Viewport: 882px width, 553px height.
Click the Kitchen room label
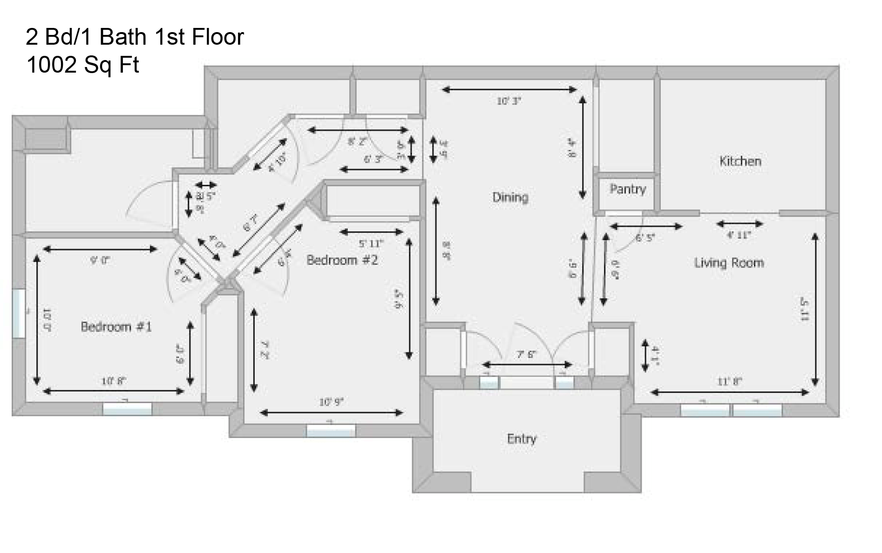[740, 162]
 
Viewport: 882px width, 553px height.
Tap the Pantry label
[627, 189]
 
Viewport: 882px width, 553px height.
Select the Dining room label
[510, 197]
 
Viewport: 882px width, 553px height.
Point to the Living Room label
[729, 263]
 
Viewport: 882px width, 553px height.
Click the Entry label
[522, 439]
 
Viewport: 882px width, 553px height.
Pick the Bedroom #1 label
[116, 327]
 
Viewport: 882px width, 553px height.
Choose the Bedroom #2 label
[342, 260]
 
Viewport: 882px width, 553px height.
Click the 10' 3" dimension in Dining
[509, 101]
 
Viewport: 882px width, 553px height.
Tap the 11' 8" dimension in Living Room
[729, 382]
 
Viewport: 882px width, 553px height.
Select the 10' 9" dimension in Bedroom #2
[331, 402]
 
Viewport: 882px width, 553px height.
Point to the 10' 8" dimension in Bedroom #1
[114, 381]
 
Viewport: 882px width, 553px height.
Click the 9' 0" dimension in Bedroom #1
[100, 261]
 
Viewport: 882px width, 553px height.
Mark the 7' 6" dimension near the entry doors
[526, 355]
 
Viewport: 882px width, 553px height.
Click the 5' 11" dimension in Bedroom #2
[371, 243]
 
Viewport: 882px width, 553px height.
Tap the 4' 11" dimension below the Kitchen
[739, 235]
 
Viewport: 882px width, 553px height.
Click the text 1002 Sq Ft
[83, 65]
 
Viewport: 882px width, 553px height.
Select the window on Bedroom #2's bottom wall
[331, 431]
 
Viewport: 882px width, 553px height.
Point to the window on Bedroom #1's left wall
[19, 313]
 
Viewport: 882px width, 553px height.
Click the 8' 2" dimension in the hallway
[357, 142]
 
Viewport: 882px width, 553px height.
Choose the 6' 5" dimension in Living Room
[645, 238]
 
